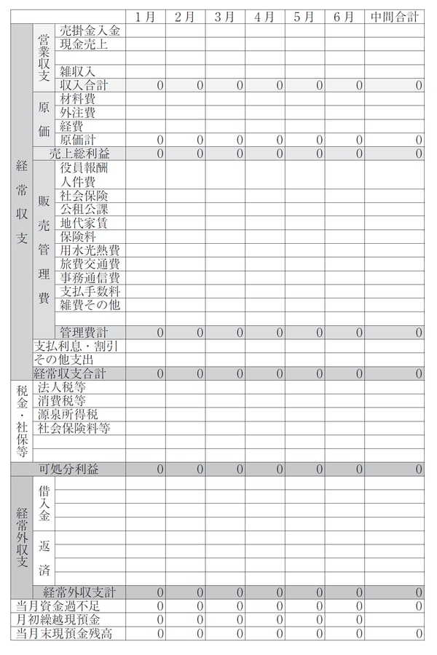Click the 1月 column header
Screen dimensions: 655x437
(x=145, y=17)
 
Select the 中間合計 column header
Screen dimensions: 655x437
(x=394, y=17)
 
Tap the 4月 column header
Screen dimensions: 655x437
(x=264, y=17)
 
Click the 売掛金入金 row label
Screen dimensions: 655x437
(x=90, y=31)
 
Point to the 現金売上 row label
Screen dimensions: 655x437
(x=84, y=44)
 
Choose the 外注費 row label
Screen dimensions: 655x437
(x=78, y=112)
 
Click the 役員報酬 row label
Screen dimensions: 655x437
(x=84, y=167)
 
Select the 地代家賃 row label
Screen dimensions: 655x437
(x=84, y=223)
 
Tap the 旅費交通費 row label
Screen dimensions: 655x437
(x=90, y=263)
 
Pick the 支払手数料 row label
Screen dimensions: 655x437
(x=90, y=291)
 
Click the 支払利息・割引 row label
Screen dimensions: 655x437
(x=76, y=346)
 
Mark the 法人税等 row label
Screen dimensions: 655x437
(x=62, y=387)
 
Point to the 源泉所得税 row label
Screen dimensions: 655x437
(x=68, y=414)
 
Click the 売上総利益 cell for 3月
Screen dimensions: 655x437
(x=224, y=154)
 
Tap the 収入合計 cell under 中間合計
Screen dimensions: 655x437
(x=394, y=85)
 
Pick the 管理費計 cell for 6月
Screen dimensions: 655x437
(x=344, y=333)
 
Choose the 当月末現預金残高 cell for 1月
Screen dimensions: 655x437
(x=145, y=633)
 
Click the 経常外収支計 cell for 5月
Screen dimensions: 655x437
(x=304, y=592)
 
